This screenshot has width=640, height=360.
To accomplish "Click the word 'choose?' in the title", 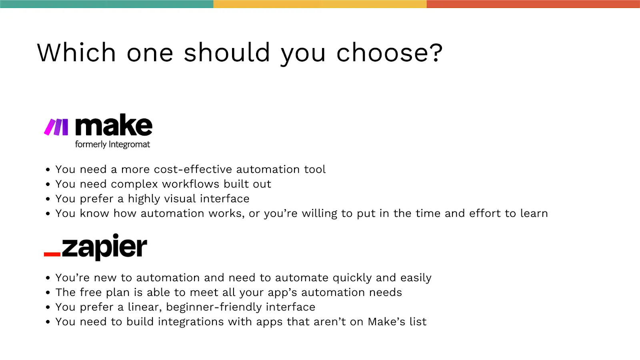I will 389,53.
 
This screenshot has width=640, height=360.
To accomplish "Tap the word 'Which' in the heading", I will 76,53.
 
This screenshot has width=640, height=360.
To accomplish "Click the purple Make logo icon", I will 56,127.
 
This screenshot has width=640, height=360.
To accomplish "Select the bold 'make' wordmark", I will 114,126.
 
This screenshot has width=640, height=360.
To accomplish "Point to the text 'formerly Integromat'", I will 112,144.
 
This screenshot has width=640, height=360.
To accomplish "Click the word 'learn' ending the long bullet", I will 534,213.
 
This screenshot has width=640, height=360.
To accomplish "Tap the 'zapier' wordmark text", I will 104,247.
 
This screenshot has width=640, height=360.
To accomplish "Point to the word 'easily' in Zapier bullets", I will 416,278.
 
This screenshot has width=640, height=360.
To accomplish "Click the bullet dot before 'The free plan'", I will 48,293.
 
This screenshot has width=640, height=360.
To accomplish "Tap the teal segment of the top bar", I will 106,4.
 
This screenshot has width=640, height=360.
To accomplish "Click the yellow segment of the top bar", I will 320,4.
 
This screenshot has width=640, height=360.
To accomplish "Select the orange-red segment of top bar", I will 533,4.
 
